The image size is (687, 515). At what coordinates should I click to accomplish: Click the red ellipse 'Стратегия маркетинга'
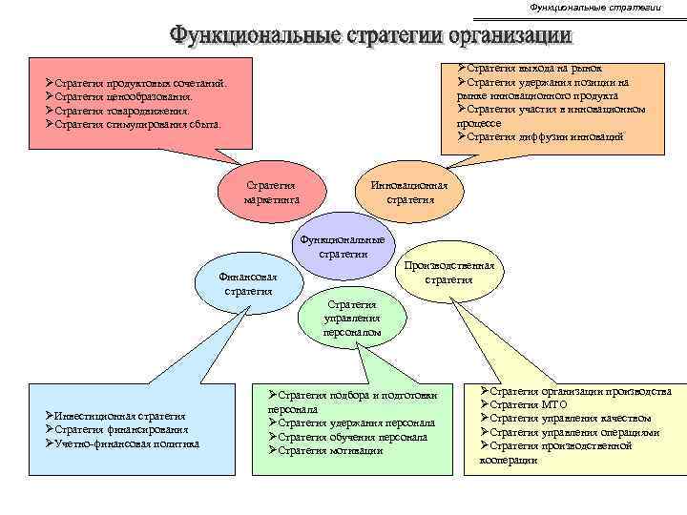click(272, 192)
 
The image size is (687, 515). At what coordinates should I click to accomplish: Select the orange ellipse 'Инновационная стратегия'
click(410, 193)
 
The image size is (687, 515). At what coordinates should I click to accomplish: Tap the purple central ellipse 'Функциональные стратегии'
click(342, 246)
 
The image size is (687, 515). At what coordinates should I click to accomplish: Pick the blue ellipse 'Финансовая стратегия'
click(248, 283)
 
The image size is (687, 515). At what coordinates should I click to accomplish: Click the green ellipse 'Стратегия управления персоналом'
click(352, 319)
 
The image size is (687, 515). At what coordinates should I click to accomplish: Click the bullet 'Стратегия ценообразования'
click(123, 97)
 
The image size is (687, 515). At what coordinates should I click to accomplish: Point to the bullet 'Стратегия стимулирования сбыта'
click(137, 124)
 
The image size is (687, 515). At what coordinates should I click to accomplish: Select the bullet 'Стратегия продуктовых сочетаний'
click(140, 84)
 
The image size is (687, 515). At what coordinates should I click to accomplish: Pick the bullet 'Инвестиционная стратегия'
click(120, 416)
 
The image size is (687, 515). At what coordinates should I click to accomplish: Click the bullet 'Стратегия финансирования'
click(119, 429)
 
